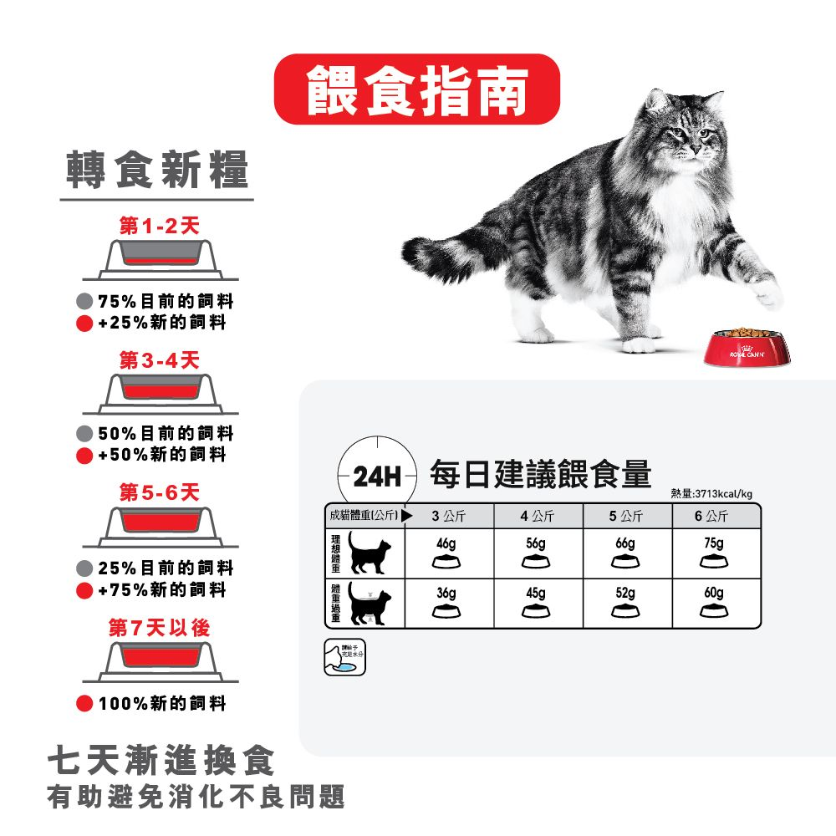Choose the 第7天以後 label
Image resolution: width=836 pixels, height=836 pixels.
click(159, 627)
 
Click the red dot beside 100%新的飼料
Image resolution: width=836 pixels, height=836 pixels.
click(84, 704)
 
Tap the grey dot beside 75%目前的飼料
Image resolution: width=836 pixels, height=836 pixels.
click(84, 302)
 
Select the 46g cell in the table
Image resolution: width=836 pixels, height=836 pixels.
click(447, 552)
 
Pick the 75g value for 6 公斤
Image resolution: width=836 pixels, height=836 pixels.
click(713, 552)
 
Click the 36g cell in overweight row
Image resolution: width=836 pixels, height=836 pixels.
click(447, 602)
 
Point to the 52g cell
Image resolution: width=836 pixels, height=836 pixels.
click(624, 602)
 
